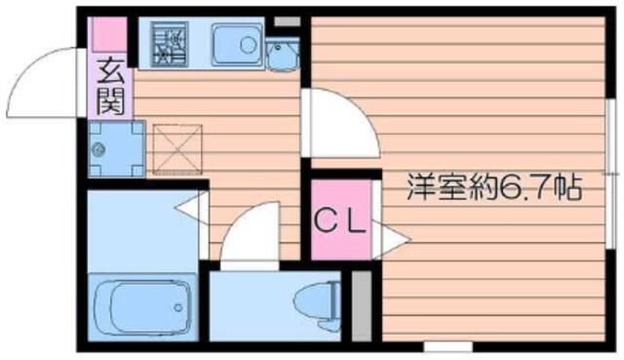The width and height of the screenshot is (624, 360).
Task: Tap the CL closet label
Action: pos(340,222)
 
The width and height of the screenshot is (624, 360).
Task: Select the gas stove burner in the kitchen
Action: pos(169,44)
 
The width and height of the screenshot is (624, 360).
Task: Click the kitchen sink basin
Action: pos(236,44)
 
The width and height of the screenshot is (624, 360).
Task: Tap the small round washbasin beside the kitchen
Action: pos(282,55)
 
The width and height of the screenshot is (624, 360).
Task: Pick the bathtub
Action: pos(142,307)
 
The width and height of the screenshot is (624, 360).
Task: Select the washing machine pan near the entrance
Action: pos(116,148)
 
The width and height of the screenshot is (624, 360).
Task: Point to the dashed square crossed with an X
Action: pos(177,149)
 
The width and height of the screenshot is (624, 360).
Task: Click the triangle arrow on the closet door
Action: pos(391,239)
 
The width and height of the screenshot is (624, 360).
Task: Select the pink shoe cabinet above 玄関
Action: pos(110,34)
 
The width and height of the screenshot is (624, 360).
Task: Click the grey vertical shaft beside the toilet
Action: pos(362,305)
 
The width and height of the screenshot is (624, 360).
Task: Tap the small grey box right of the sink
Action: pos(287,21)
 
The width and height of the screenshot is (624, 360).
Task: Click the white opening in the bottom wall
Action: pos(448,346)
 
